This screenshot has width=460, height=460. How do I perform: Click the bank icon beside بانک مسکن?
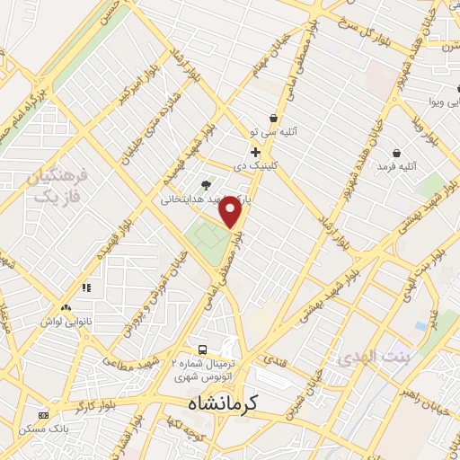pyautogui.click(x=43, y=416)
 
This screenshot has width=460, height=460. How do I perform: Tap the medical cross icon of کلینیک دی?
pyautogui.click(x=256, y=152)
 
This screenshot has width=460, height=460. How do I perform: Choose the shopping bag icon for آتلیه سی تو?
pyautogui.click(x=273, y=119)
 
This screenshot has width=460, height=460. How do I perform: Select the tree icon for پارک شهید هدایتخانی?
pyautogui.click(x=207, y=186)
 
